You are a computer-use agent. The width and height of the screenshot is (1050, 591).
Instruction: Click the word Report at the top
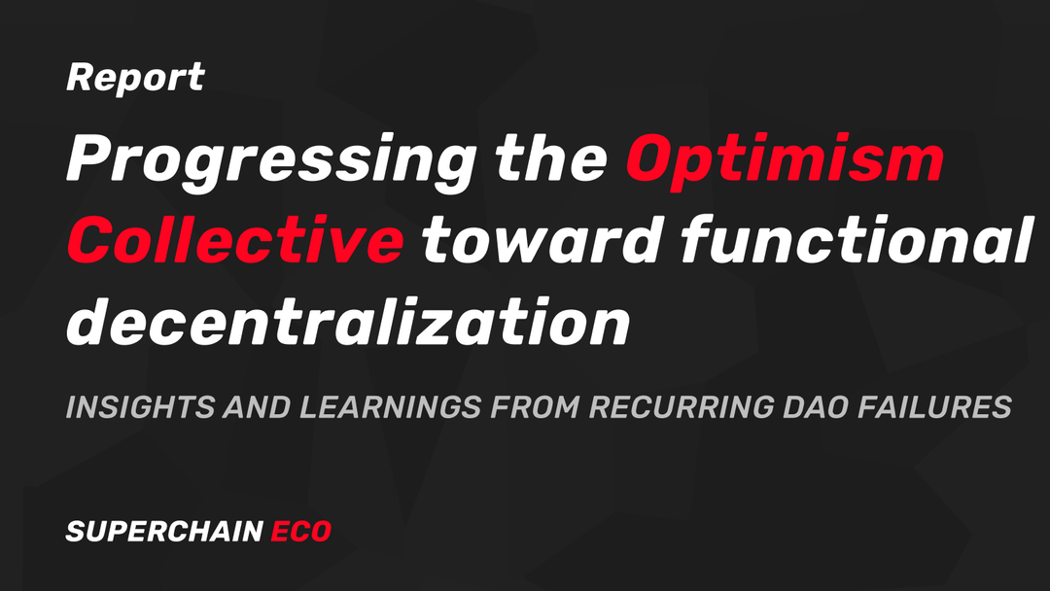tap(135, 79)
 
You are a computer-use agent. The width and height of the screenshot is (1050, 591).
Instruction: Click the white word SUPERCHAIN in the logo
tap(163, 532)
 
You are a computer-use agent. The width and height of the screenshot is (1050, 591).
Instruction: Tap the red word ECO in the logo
tap(300, 532)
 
